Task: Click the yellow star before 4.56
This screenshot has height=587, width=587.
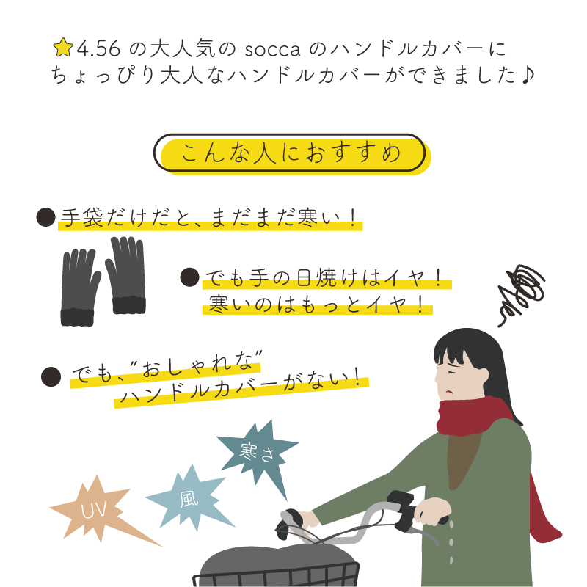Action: tap(63, 47)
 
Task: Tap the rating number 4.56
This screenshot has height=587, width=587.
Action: tap(99, 48)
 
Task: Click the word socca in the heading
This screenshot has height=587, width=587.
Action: tap(272, 50)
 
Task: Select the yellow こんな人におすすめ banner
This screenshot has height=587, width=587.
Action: tap(292, 154)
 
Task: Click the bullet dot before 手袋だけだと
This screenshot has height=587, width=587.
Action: tap(46, 217)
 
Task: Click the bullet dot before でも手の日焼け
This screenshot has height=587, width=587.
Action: tap(189, 277)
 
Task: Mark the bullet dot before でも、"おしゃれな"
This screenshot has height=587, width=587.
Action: tap(51, 376)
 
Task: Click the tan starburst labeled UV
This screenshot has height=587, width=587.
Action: tap(99, 510)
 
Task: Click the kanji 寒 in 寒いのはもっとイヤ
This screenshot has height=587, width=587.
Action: tap(219, 304)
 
